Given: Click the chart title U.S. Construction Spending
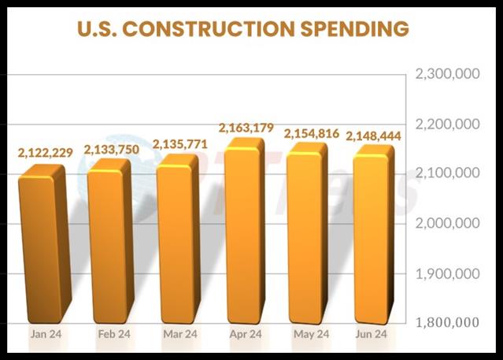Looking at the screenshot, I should coord(242,29).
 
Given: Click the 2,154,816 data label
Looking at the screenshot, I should coord(306,132).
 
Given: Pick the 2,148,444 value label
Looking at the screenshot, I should coord(374,135).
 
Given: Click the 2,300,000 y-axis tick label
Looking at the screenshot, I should coord(447,75).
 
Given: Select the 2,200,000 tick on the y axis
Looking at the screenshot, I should coord(447,124).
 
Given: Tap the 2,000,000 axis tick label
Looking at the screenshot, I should coord(447,223).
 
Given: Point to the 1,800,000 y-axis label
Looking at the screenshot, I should coord(447,322).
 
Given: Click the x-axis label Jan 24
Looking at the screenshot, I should coord(46,334).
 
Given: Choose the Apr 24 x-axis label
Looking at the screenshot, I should coord(246,334).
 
